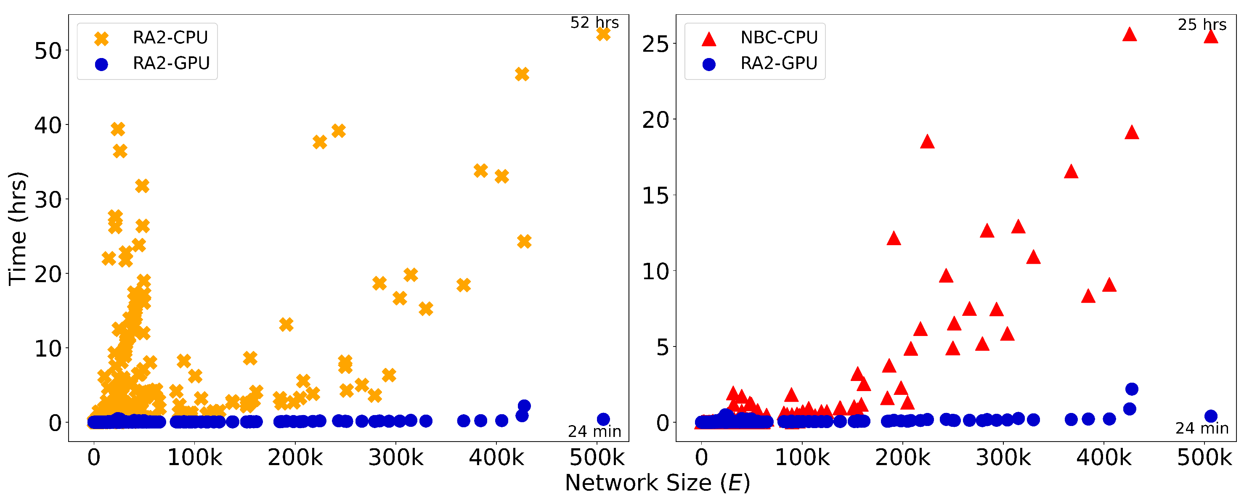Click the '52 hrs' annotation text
[x=594, y=23]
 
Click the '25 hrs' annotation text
[x=1202, y=25]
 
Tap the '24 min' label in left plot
[x=594, y=431]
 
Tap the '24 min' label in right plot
[x=1202, y=429]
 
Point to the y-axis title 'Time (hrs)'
[x=18, y=228]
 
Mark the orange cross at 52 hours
[x=603, y=34]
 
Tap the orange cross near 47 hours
[x=522, y=74]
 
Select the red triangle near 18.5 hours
[x=927, y=142]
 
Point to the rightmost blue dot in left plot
[x=603, y=419]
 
